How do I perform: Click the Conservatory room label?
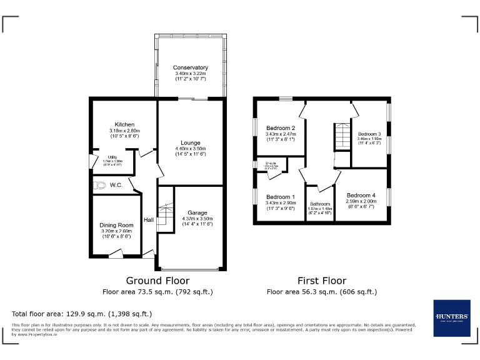pos(191,67)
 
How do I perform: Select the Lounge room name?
pos(190,143)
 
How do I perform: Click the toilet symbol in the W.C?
pos(100,185)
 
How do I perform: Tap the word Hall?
pos(149,219)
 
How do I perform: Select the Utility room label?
pos(112,157)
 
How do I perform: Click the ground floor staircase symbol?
pos(165,216)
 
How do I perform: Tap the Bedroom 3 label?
pos(369,134)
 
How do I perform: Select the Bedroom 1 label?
pos(280,196)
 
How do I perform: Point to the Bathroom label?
pos(320,204)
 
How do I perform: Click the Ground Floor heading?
pos(157,281)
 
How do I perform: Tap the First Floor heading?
pos(322,281)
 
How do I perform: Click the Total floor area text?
pos(82,314)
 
